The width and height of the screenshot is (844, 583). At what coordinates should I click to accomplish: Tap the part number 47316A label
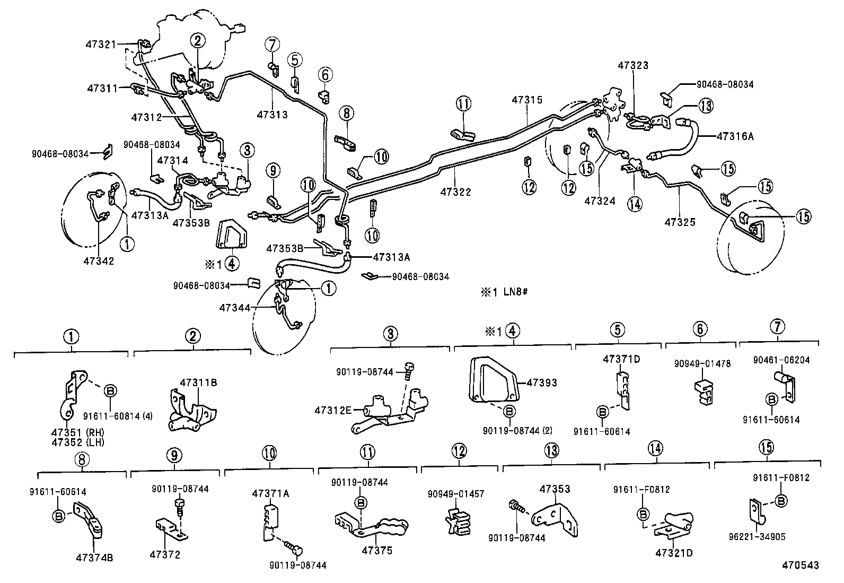[x=735, y=136]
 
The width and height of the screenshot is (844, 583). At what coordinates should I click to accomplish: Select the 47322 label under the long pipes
[x=455, y=192]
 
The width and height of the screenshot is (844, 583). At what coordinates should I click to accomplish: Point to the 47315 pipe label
[x=527, y=99]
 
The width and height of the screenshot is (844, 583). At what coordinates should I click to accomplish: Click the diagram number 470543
[x=800, y=565]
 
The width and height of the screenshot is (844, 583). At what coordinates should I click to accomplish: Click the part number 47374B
[x=94, y=558]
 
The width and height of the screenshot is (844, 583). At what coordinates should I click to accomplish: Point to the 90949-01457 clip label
[x=456, y=494]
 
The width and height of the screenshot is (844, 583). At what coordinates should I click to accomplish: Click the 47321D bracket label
[x=674, y=553]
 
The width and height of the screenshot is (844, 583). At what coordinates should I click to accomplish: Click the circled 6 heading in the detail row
[x=700, y=329]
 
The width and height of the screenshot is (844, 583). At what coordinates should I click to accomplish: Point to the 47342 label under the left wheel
[x=99, y=261]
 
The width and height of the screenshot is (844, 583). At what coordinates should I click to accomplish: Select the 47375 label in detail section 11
[x=377, y=551]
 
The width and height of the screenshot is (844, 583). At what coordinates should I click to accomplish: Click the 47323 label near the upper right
[x=633, y=65]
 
